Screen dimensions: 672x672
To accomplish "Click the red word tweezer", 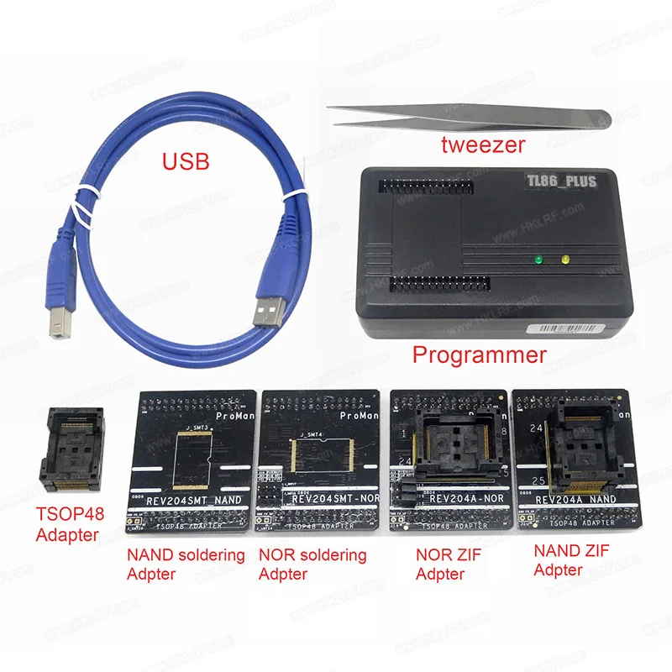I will tap(483, 144).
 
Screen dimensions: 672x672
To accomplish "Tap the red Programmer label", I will tap(479, 354).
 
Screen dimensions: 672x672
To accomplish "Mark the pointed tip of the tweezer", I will tap(329, 108).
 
